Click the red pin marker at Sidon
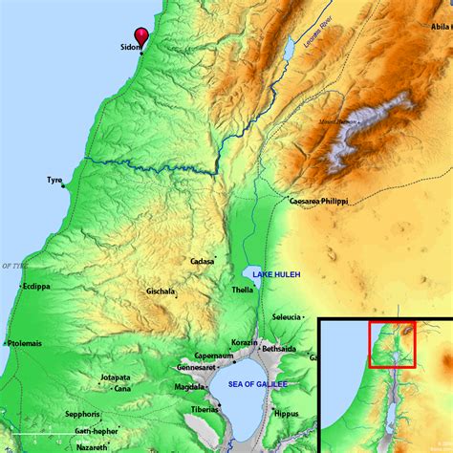[x=142, y=34]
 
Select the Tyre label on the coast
[x=54, y=180]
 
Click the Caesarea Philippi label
[x=318, y=202]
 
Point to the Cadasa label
[x=202, y=260]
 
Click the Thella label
[x=243, y=289]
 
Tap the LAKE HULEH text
[x=276, y=274]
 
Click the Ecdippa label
[x=37, y=286]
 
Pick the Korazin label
[x=245, y=342]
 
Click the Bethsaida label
[x=281, y=350]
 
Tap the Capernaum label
[x=214, y=356]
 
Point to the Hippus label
[x=287, y=415]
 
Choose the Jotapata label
[x=115, y=377]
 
